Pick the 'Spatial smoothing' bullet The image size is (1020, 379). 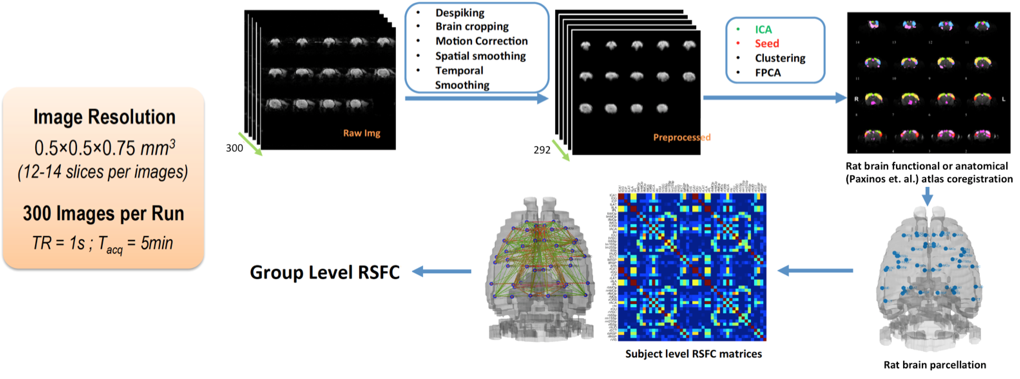(x=480, y=56)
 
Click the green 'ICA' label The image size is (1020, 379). (x=763, y=30)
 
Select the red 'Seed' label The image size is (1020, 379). (x=766, y=43)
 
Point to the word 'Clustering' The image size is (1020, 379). (x=780, y=58)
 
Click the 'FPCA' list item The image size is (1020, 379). (x=767, y=73)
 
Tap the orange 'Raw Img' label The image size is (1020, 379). (x=361, y=133)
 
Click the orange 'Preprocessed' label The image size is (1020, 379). (x=681, y=137)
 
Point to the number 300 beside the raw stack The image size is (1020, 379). (x=235, y=148)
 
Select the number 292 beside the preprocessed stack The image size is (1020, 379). (x=542, y=150)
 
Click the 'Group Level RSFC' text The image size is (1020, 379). (x=325, y=272)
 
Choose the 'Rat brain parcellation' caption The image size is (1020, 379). (x=935, y=365)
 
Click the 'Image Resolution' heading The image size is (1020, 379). (x=104, y=117)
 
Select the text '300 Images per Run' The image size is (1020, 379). (x=103, y=214)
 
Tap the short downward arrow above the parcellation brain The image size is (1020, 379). (x=927, y=196)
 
